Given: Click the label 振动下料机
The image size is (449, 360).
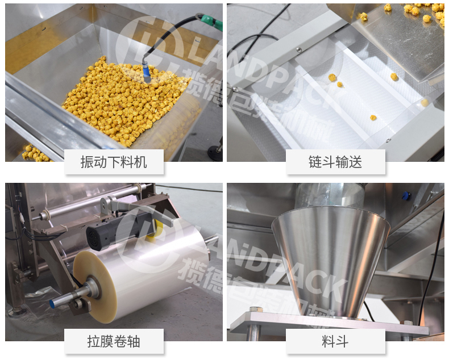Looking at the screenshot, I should pos(114,162).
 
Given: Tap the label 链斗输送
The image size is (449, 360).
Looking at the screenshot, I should pos(336,162).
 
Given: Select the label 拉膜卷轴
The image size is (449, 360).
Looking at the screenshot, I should pos(114,342).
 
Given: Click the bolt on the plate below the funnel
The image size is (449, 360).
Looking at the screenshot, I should pos(255,310).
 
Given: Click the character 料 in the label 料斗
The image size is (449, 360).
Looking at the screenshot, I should pos(327,342).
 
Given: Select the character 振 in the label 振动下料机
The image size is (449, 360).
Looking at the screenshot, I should pos(88,162).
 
